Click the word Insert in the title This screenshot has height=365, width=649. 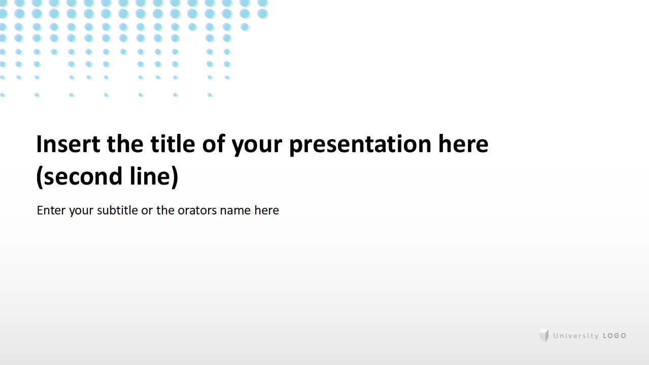tap(68, 144)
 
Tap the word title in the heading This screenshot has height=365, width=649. tap(173, 144)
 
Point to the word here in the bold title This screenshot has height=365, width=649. tap(463, 144)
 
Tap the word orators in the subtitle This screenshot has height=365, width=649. tap(197, 210)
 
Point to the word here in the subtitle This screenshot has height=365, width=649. tap(266, 210)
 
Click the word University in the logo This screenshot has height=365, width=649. tap(576, 336)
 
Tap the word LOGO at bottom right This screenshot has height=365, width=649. tap(614, 336)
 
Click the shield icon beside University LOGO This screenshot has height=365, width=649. tap(544, 336)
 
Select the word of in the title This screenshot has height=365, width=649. tap(214, 144)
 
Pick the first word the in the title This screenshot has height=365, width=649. tap(125, 144)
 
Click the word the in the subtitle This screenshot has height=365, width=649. tap(165, 210)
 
